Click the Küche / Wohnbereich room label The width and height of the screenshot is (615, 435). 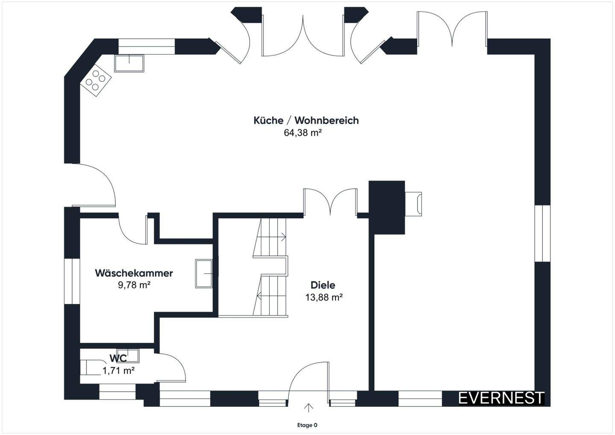coord(306,120)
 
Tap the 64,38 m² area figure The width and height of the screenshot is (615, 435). coord(302,133)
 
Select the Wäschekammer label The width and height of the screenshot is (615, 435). coord(134,273)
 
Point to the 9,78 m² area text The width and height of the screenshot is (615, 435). coord(134,285)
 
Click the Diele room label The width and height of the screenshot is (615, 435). coord(323,285)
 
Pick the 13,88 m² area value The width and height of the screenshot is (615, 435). coord(324,297)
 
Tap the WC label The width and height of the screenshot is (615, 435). coord(118,359)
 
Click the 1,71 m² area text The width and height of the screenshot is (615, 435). coord(119,371)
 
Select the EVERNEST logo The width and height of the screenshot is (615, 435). coord(501,398)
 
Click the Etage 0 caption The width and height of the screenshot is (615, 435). coord(307,425)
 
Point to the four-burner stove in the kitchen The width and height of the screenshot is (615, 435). coord(96,80)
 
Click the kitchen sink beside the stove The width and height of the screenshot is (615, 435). coord(129,64)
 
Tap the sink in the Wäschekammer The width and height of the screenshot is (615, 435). coord(204,274)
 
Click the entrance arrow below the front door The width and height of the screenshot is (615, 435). coord(309,408)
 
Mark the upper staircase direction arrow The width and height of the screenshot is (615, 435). coord(283,236)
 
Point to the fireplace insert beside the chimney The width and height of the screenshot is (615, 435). coord(413,204)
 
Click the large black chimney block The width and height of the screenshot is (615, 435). coord(387,207)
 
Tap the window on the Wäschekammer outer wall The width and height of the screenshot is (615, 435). coord(72,281)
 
